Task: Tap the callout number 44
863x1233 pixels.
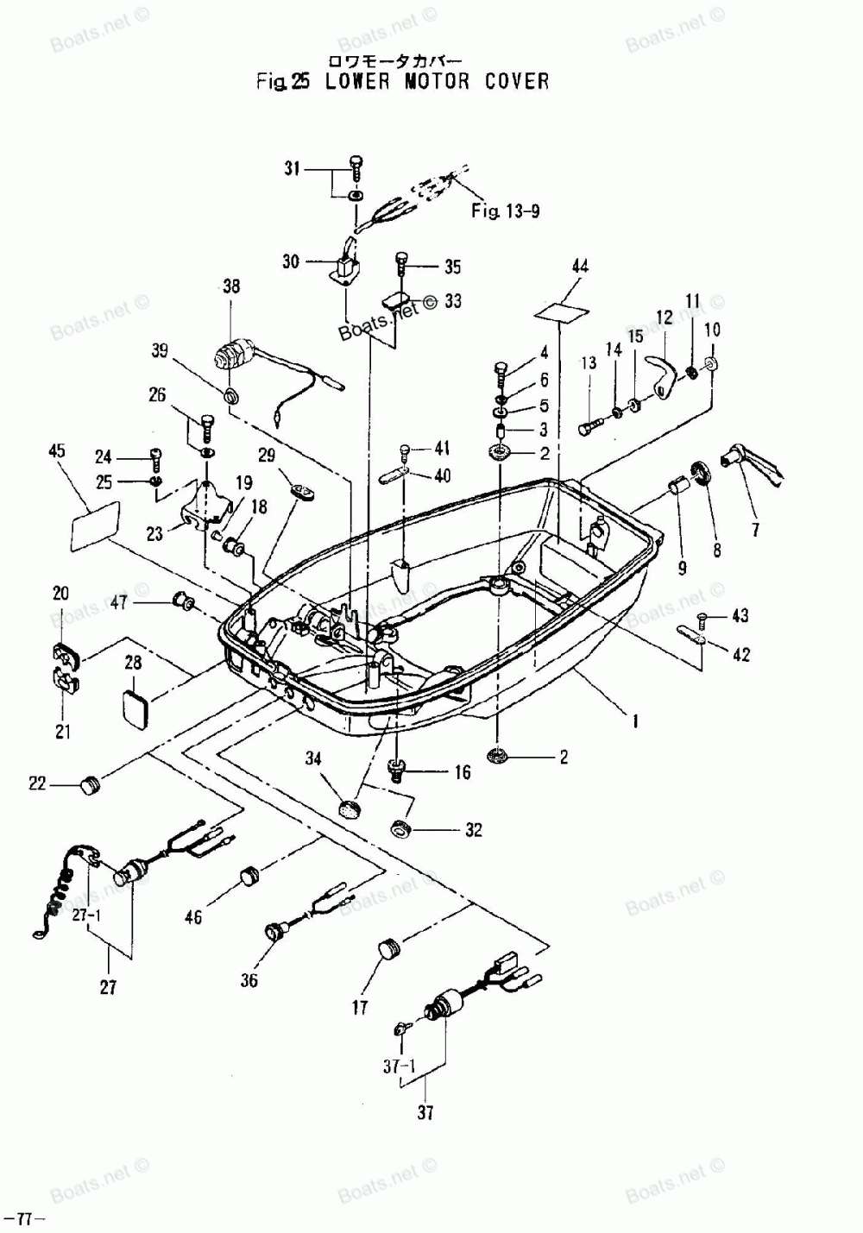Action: [x=580, y=267]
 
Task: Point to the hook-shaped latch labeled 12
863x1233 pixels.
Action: [x=664, y=374]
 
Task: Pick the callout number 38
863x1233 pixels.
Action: [x=231, y=286]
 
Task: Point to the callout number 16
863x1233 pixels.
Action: [x=463, y=772]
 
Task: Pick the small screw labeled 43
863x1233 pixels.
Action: [x=702, y=618]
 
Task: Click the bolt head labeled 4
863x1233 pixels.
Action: [x=502, y=368]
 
